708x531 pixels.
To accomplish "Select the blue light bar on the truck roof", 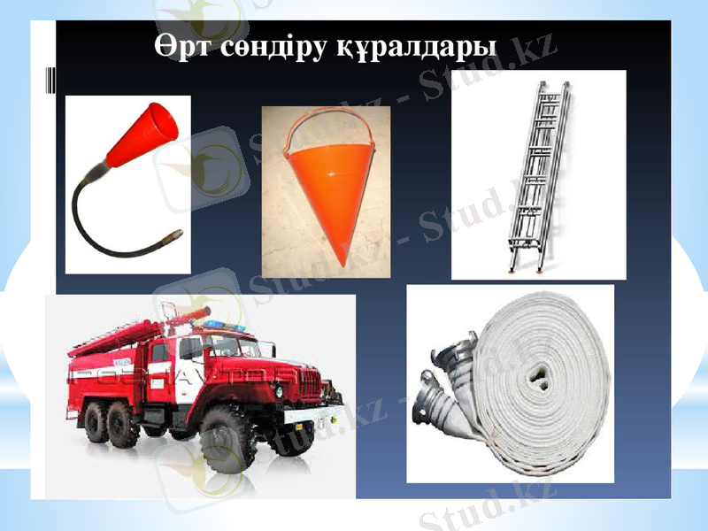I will [x=227, y=328].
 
